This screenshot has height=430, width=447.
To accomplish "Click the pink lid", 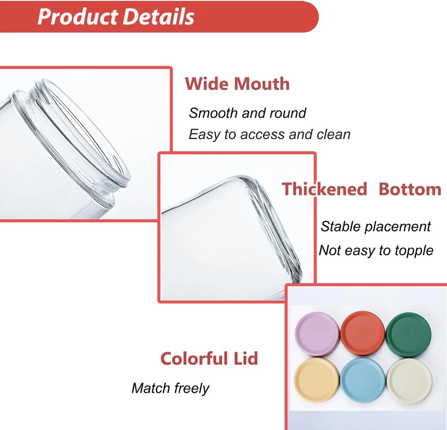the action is pyautogui.click(x=317, y=334).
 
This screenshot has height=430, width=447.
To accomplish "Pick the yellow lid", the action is pyautogui.click(x=317, y=380).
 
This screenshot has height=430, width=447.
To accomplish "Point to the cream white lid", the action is pyautogui.click(x=409, y=381).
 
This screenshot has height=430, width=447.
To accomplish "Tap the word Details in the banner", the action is pyautogui.click(x=159, y=17).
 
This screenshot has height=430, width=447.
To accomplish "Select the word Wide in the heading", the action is pyautogui.click(x=207, y=84).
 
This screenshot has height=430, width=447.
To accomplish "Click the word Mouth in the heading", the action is pyautogui.click(x=261, y=84).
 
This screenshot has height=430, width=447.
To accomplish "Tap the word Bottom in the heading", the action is pyautogui.click(x=410, y=189).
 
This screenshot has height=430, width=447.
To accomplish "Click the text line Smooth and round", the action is pyautogui.click(x=248, y=113).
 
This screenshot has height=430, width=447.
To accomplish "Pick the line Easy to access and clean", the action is pyautogui.click(x=270, y=134).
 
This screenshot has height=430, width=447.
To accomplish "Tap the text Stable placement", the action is pyautogui.click(x=375, y=226).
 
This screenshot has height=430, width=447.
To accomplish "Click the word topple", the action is pyautogui.click(x=414, y=251).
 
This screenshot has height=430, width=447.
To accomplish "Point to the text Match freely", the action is pyautogui.click(x=170, y=388).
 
